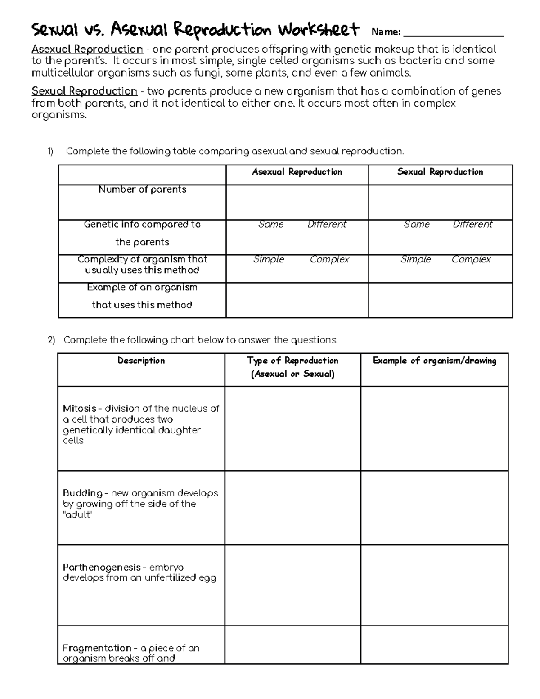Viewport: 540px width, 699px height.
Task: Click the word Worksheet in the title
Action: pyautogui.click(x=318, y=30)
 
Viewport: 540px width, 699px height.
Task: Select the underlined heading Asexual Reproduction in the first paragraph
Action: pyautogui.click(x=87, y=49)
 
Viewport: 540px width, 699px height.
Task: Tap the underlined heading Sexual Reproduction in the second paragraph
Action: pyautogui.click(x=84, y=91)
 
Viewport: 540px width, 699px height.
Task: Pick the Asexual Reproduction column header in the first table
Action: pyautogui.click(x=297, y=172)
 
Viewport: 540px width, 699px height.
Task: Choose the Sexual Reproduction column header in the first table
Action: pyautogui.click(x=440, y=172)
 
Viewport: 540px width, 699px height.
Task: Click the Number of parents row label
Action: pyautogui.click(x=142, y=189)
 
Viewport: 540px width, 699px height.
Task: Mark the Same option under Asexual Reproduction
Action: pyautogui.click(x=271, y=224)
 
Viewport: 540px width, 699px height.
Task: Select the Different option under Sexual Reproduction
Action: pyautogui.click(x=472, y=224)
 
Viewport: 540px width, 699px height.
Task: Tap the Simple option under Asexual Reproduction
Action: pyautogui.click(x=269, y=259)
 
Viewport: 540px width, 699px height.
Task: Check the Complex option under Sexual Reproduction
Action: pyautogui.click(x=471, y=259)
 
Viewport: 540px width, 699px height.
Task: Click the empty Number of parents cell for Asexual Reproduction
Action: pyautogui.click(x=297, y=202)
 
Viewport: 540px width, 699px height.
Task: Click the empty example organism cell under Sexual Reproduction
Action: pyautogui.click(x=440, y=300)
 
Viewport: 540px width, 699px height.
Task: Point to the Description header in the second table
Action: pyautogui.click(x=141, y=361)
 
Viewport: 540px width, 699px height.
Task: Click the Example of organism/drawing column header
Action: pyautogui.click(x=435, y=361)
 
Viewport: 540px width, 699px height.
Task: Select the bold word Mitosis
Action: pyautogui.click(x=80, y=409)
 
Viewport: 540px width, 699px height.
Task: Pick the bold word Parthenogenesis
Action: pyautogui.click(x=102, y=568)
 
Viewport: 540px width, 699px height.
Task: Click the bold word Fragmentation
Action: pyautogui.click(x=97, y=648)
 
